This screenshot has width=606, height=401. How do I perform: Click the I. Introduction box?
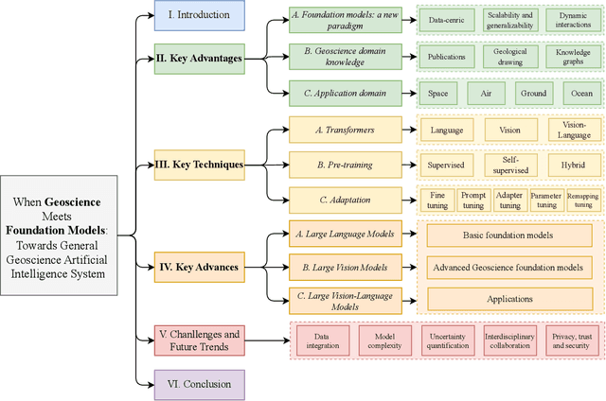pos(199,16)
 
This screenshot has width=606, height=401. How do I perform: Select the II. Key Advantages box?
pos(199,58)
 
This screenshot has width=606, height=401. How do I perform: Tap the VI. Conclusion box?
pos(199,384)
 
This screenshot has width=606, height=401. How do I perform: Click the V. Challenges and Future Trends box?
pos(199,340)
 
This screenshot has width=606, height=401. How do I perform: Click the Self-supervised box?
pos(510,165)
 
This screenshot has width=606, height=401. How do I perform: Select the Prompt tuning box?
pos(473,200)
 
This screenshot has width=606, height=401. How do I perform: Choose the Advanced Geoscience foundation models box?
pos(508,267)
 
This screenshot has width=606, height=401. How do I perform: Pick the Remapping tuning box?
pos(582,200)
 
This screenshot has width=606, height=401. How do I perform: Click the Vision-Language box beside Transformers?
pos(574,130)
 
